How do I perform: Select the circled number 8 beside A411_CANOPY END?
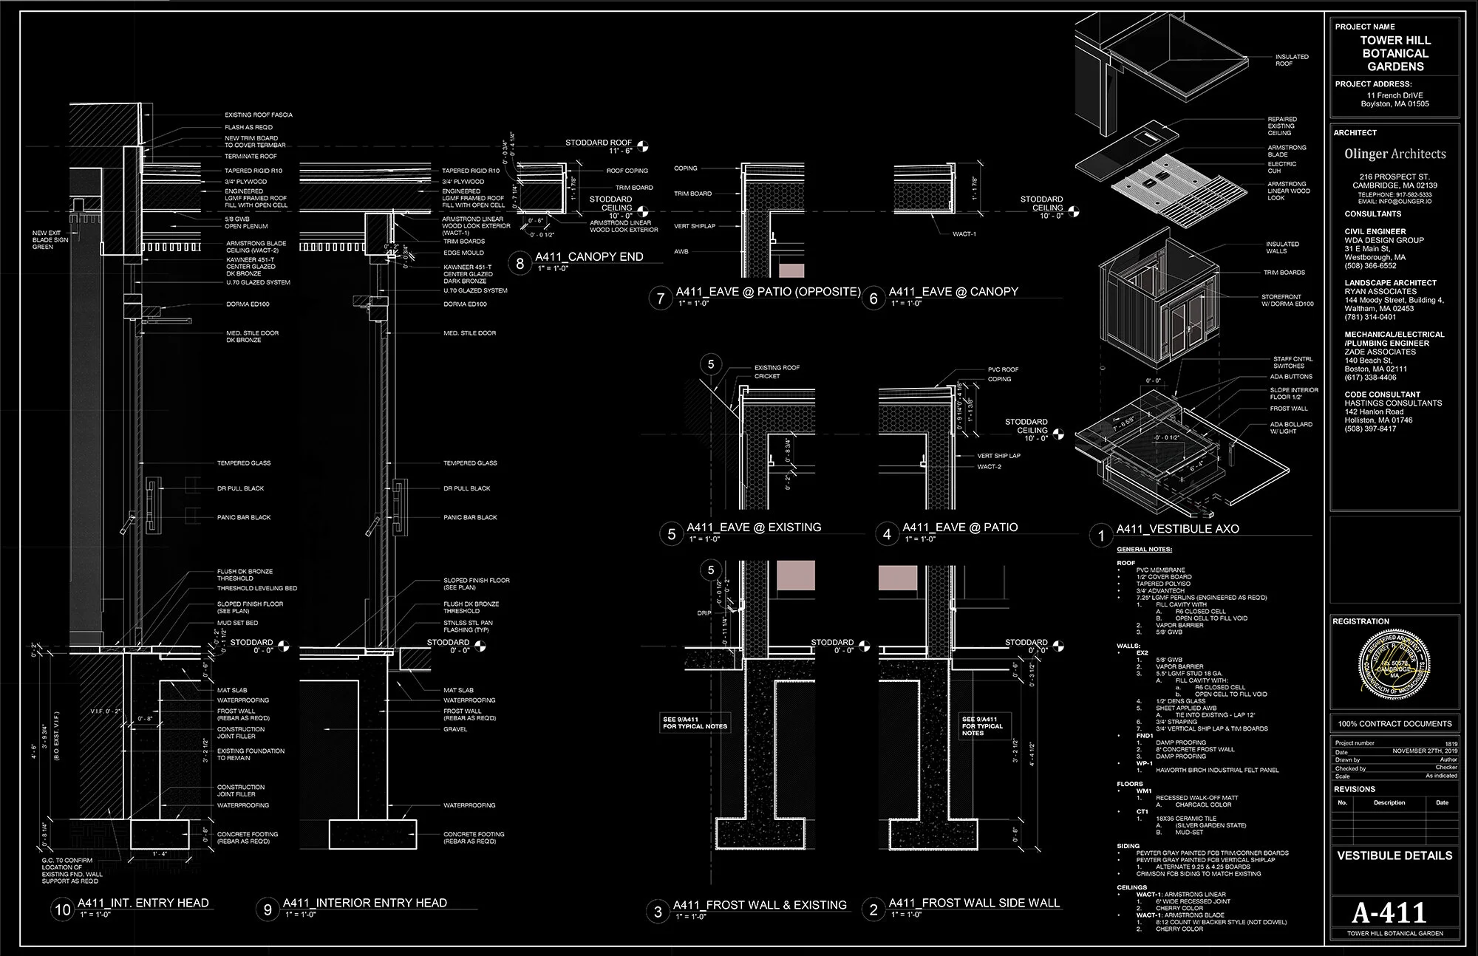tap(520, 263)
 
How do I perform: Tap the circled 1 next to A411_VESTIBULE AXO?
tap(1101, 536)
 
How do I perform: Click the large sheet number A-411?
tap(1389, 913)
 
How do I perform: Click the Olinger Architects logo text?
tap(1395, 154)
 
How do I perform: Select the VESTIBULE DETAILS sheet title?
tap(1394, 856)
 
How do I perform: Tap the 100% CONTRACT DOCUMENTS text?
tap(1394, 723)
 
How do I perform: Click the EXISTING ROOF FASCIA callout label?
tap(259, 115)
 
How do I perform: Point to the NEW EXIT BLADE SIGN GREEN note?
tap(51, 240)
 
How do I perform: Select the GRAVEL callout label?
tap(455, 729)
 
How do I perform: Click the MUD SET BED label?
tap(237, 623)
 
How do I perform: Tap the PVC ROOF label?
tap(1003, 369)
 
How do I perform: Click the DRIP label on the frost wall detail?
tap(704, 613)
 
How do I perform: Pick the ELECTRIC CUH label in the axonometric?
tap(1282, 168)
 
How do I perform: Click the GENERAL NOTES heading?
tap(1144, 550)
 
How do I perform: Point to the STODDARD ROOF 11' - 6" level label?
tap(599, 146)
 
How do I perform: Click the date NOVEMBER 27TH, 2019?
tap(1425, 751)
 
